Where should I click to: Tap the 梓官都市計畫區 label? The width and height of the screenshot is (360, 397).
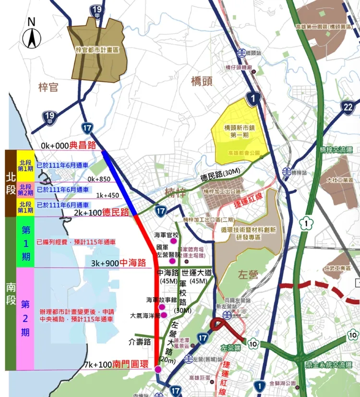[x=96, y=49]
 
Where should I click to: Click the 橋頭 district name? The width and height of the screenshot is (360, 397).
[x=202, y=81]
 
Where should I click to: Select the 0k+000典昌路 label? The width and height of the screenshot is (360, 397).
[x=69, y=145]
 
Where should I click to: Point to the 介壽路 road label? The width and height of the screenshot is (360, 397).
[x=140, y=342]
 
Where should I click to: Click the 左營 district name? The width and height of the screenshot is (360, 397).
[x=248, y=275]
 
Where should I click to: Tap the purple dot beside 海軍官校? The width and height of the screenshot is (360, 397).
[x=166, y=242]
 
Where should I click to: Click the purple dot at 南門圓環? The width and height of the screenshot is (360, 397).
[x=158, y=369]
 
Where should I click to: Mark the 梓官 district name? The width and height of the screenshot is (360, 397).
[x=48, y=87]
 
